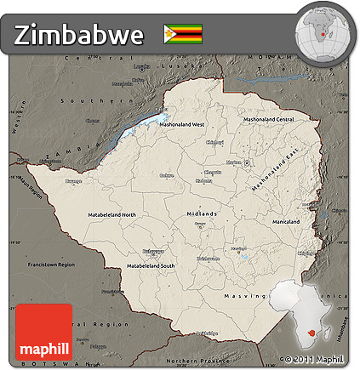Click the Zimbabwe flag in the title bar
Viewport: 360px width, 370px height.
[183, 33]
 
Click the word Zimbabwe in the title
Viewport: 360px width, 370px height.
[77, 34]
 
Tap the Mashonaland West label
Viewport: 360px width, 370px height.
[186, 124]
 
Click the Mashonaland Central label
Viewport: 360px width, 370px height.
[268, 120]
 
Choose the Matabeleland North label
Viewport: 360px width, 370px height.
[111, 214]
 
